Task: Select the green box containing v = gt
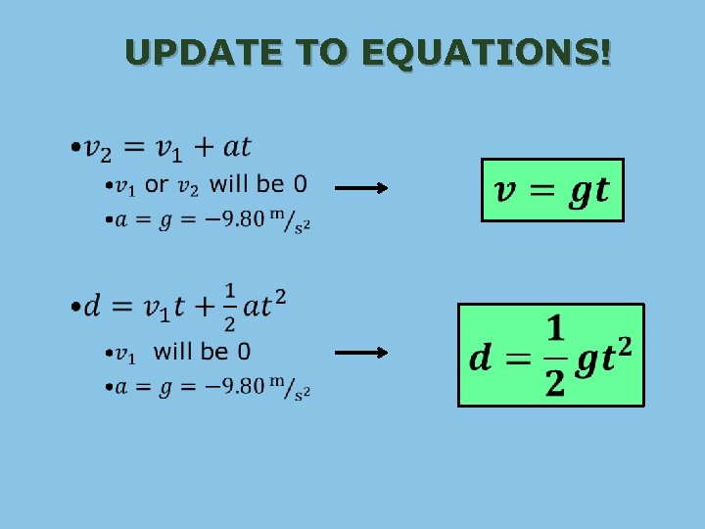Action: (552, 189)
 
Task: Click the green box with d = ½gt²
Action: (551, 355)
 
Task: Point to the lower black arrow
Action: (361, 353)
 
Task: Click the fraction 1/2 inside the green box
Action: (554, 355)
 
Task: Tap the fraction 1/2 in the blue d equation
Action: (229, 307)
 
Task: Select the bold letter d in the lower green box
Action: (481, 358)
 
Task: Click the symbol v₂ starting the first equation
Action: (98, 150)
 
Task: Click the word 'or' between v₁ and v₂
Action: (157, 184)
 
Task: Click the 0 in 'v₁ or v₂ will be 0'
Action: (299, 184)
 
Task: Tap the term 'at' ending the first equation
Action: (237, 148)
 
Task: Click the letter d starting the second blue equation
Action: (94, 307)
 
